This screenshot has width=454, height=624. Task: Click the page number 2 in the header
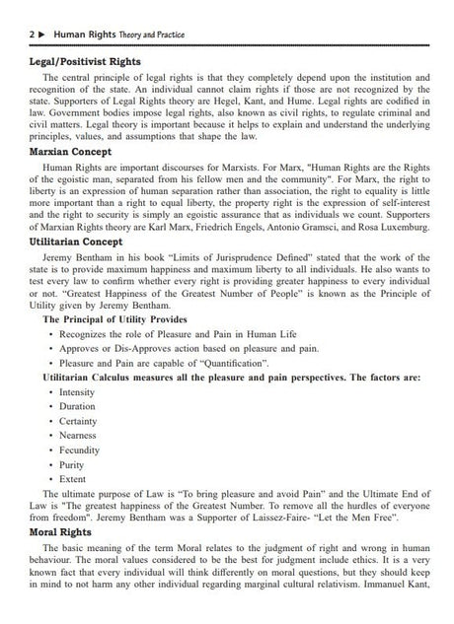pyautogui.click(x=20, y=35)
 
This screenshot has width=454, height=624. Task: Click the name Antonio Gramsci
pyautogui.click(x=306, y=227)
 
